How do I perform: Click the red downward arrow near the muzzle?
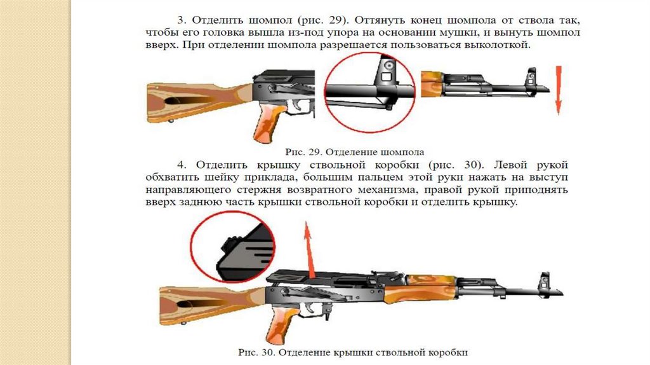tap(557, 90)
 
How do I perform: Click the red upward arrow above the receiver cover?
tap(309, 248)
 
